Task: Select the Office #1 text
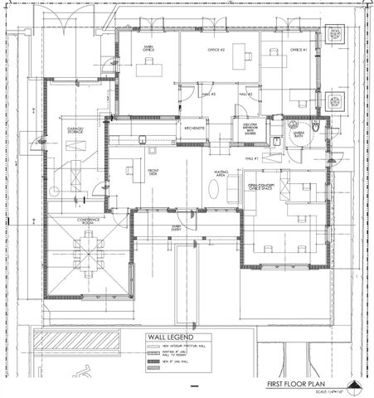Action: tap(298, 51)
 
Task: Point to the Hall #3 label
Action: tap(209, 95)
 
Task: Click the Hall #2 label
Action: tap(245, 95)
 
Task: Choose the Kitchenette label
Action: tap(194, 128)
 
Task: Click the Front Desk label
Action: tap(153, 172)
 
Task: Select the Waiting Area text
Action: tap(221, 174)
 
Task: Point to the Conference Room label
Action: tap(89, 221)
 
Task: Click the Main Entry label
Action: tap(177, 227)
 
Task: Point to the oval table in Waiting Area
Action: tap(213, 190)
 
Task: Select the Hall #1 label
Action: tap(251, 158)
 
